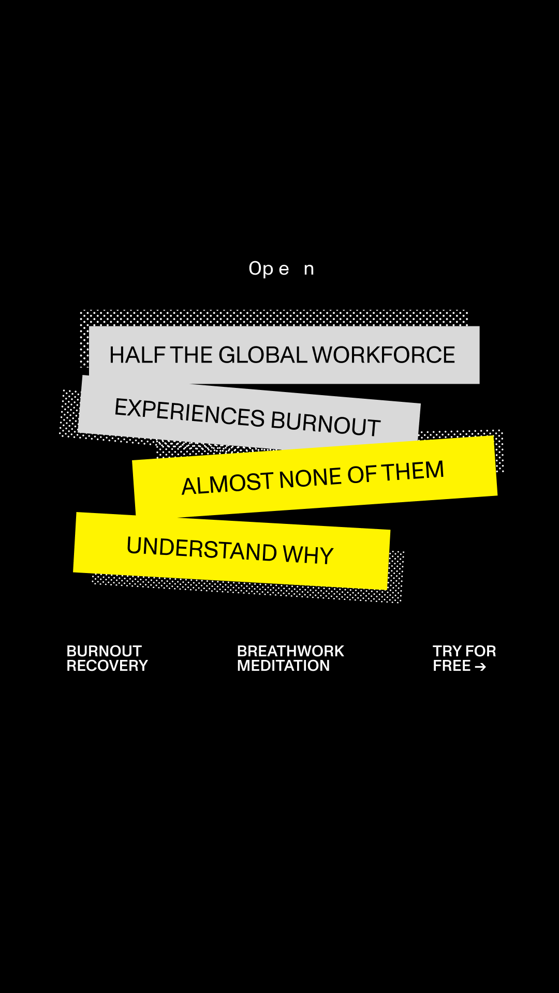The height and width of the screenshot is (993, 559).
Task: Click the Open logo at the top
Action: pyautogui.click(x=281, y=269)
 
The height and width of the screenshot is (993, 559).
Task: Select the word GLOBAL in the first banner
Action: pyautogui.click(x=263, y=355)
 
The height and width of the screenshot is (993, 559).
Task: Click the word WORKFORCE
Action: pyautogui.click(x=384, y=355)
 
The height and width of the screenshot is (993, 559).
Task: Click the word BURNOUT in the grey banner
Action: pyautogui.click(x=326, y=424)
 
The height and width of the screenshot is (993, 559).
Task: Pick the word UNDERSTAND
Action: pyautogui.click(x=202, y=548)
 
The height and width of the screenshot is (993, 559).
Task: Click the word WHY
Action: pyautogui.click(x=308, y=554)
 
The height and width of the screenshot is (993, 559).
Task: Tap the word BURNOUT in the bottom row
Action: pyautogui.click(x=104, y=651)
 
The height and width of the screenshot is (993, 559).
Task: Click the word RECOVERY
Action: pyautogui.click(x=107, y=666)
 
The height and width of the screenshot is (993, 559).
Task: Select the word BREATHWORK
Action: pyautogui.click(x=290, y=651)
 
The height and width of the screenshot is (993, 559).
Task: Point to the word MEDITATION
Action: pyautogui.click(x=283, y=666)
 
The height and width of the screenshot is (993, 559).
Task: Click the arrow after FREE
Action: pyautogui.click(x=480, y=667)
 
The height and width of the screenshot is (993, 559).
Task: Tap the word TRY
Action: pyautogui.click(x=447, y=651)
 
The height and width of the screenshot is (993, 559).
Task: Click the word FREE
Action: pyautogui.click(x=452, y=666)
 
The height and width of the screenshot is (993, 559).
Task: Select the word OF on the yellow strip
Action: pyautogui.click(x=362, y=475)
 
